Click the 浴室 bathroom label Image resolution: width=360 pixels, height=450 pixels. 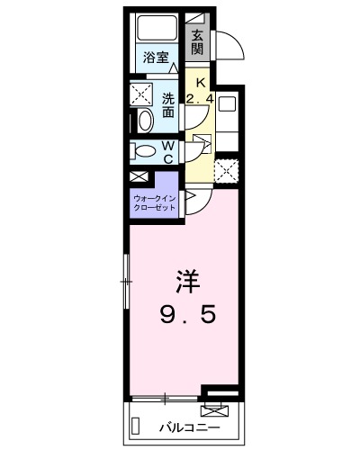click(156, 57)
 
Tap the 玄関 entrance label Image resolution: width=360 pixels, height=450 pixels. click(197, 42)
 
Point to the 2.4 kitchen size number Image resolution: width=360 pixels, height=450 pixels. click(200, 95)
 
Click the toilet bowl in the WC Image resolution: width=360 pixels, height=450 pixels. click(142, 151)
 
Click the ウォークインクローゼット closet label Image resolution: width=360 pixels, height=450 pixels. click(155, 202)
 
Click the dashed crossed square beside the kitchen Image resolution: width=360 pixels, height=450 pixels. click(227, 168)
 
